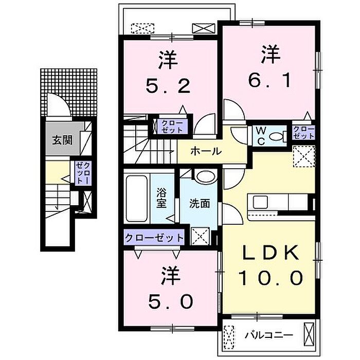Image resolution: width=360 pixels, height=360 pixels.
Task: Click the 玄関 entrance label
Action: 62,140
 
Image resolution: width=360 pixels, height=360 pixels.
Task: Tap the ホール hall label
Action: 206,151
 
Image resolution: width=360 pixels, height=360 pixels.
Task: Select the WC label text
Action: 261,136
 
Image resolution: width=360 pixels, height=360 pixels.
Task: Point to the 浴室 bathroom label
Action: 161,197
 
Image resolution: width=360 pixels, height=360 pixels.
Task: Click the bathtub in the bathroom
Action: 136,199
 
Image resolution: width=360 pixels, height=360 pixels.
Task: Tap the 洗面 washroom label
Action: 200,204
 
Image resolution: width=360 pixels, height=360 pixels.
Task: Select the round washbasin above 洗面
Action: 206,177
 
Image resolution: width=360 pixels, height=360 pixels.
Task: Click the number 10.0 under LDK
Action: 270,278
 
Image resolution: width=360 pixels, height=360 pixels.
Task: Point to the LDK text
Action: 271,253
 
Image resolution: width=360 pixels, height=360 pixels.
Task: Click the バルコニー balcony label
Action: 269,335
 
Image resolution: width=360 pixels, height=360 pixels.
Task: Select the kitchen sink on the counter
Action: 260,202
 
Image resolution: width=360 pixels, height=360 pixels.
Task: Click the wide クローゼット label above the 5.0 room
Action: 154,238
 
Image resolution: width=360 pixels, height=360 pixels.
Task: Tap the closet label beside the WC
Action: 303,133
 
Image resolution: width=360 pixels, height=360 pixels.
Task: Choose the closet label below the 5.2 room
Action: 172,127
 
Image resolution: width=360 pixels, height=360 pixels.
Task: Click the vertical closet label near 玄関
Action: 83,173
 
